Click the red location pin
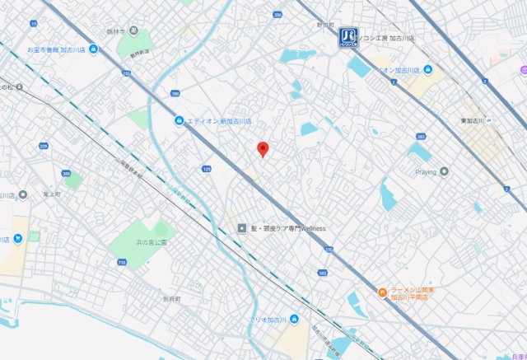(x=263, y=149)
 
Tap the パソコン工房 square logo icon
(x=347, y=36)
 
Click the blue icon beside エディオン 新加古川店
(x=179, y=121)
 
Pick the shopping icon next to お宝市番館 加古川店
(x=94, y=49)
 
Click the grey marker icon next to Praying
(x=445, y=171)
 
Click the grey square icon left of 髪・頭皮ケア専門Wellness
(x=241, y=228)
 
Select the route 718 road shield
(x=122, y=262)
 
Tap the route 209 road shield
(x=44, y=147)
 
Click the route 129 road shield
(x=206, y=169)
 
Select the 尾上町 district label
(x=48, y=194)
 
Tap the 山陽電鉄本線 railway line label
(x=128, y=166)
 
